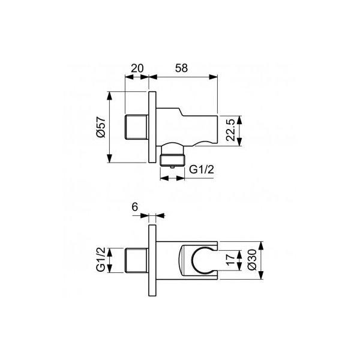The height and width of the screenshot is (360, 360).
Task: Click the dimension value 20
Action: point(137,68)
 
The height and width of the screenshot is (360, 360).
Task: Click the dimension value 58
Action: point(181,68)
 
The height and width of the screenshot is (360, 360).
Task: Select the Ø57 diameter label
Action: point(101,127)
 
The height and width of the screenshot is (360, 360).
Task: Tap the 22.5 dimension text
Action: point(230,130)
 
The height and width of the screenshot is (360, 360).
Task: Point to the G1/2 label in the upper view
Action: point(202,170)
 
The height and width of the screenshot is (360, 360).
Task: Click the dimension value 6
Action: point(135,207)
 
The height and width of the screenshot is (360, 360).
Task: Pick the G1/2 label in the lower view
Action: point(101,259)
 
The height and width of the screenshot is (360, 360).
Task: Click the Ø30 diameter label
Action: point(252,260)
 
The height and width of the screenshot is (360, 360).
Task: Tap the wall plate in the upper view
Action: point(152,127)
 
